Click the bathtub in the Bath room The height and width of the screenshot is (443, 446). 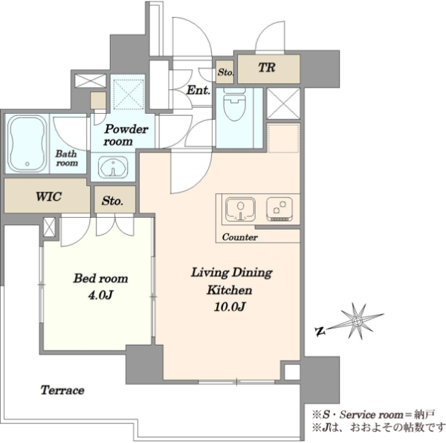pos(28,143)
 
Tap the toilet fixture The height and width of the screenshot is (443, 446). pos(235,104)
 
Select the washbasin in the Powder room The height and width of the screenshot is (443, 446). pos(113,166)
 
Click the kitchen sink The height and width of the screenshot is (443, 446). pos(240,210)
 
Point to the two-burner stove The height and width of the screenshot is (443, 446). pos(279,209)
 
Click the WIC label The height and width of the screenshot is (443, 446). pos(48,196)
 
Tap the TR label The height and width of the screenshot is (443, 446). pos(267,68)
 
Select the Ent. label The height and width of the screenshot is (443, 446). pos(198,90)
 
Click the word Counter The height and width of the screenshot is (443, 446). pos(240,237)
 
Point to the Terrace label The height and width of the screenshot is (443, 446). pos(62,389)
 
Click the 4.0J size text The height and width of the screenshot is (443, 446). pos(100,295)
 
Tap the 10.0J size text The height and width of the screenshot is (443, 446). pos(230,306)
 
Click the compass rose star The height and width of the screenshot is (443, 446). pos(357,321)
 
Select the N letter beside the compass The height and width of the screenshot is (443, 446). pos(320,331)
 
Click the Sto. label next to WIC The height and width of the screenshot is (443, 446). pos(112,201)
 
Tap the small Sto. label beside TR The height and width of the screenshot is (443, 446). pos(225,72)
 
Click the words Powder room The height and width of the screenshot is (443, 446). pos(125,135)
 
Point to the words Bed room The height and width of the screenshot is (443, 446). pos(100,278)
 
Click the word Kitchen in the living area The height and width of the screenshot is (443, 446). pos(230,290)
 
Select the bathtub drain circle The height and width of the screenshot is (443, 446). pos(28,164)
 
